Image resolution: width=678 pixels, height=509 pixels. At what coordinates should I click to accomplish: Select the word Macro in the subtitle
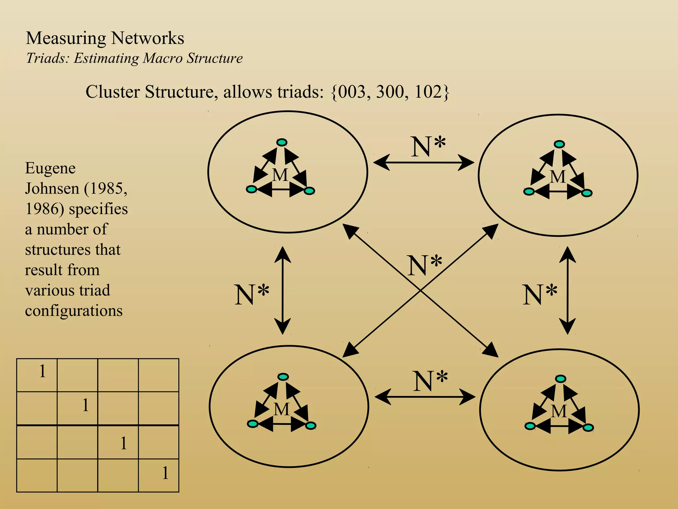pos(162,58)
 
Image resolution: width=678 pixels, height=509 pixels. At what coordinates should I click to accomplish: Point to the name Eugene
pos(50,168)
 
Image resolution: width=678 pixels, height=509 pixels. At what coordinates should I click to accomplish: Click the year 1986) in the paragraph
pos(45,209)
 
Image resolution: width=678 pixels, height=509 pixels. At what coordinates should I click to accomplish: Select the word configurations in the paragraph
pos(73,311)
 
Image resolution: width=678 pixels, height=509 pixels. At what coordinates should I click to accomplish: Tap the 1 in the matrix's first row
pos(42,371)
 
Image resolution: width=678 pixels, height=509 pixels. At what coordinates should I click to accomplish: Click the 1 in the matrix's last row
pos(165,473)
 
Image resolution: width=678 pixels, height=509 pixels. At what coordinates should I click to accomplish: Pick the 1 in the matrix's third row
pos(123,443)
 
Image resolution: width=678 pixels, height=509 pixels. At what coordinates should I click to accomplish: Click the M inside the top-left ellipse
pos(280,175)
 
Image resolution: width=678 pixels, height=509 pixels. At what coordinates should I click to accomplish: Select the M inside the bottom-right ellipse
pos(559,411)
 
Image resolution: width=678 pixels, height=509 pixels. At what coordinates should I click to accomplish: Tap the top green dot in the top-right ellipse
pos(559,144)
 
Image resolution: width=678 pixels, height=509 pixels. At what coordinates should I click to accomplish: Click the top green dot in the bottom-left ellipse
pos(283,377)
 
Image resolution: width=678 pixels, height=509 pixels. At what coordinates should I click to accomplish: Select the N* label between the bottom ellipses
pos(430,381)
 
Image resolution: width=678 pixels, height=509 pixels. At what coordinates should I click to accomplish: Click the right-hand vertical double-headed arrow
pos(567,290)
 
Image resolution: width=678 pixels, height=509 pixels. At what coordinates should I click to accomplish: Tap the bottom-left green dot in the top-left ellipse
pos(251,189)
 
